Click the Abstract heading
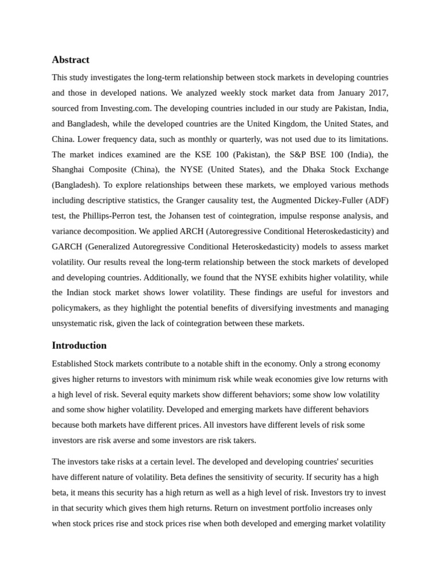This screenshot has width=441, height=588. point(70,60)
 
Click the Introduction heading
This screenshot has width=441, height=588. point(79,345)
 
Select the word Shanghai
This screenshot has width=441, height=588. point(69,169)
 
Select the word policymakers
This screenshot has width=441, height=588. point(78,308)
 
